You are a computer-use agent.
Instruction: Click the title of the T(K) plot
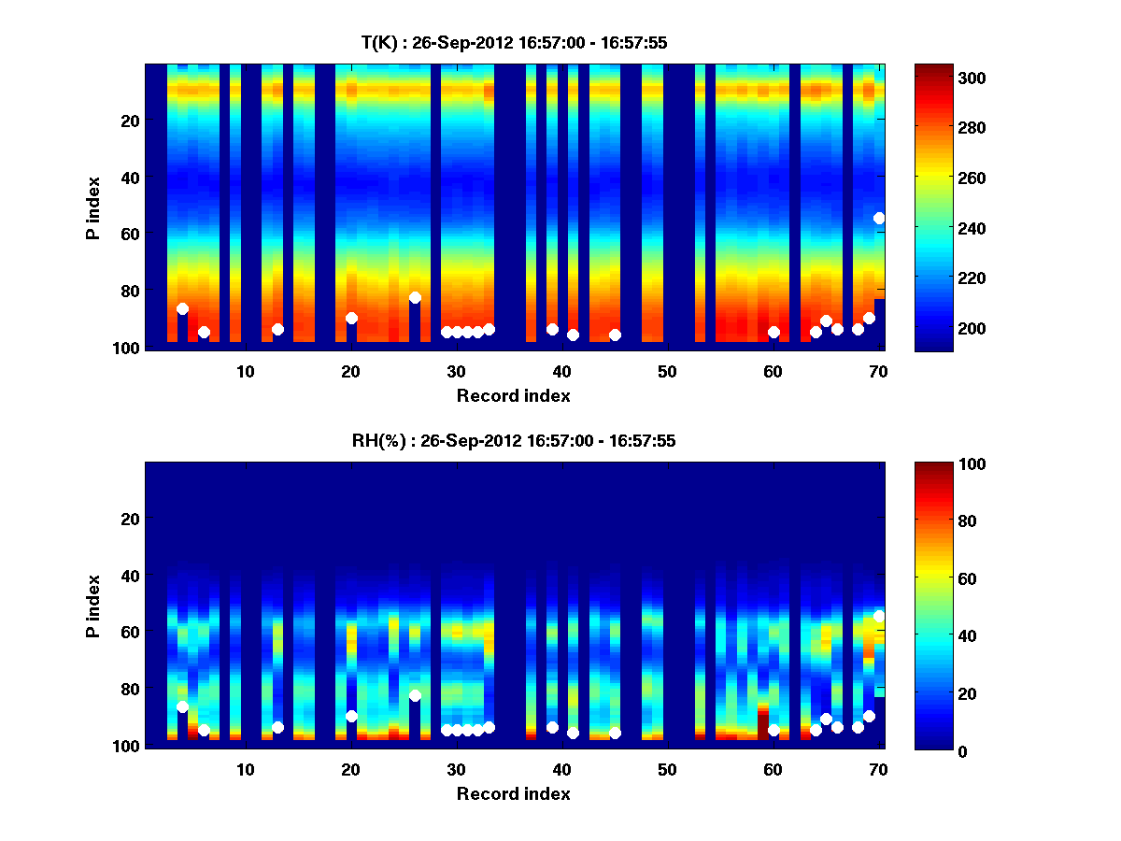[514, 43]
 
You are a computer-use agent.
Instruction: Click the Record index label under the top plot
[514, 395]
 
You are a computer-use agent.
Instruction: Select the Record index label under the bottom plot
[514, 793]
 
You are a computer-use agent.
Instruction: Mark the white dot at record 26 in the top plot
[415, 297]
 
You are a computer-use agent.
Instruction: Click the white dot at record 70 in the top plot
[879, 218]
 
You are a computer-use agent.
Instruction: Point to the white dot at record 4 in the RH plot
[182, 706]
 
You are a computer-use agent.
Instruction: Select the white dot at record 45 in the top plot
[615, 335]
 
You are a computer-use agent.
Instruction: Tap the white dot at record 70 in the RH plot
[879, 616]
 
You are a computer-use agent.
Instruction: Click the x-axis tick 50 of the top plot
[667, 371]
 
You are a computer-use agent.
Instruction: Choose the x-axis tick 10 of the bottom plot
[245, 769]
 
